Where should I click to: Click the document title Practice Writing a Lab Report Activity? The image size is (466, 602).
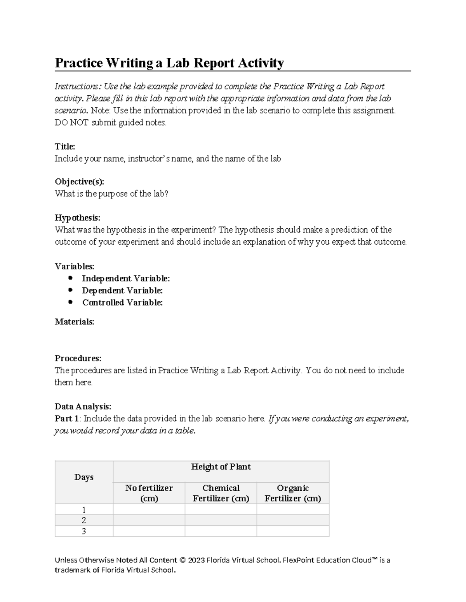pyautogui.click(x=169, y=63)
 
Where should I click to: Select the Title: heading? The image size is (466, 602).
pyautogui.click(x=65, y=147)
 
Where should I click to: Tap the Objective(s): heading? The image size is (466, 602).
pyautogui.click(x=79, y=182)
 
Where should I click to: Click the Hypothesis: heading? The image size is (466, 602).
pyautogui.click(x=77, y=217)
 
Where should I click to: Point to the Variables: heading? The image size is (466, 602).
pyautogui.click(x=74, y=266)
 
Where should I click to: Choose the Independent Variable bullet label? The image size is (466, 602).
pyautogui.click(x=126, y=278)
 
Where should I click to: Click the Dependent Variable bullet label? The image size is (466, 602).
pyautogui.click(x=122, y=290)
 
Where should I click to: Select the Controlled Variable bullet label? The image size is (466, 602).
pyautogui.click(x=122, y=302)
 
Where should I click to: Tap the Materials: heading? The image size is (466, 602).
pyautogui.click(x=74, y=322)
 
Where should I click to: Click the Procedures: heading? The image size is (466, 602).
pyautogui.click(x=78, y=358)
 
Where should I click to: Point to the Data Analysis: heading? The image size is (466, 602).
pyautogui.click(x=83, y=407)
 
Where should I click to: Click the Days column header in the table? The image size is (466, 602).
pyautogui.click(x=84, y=477)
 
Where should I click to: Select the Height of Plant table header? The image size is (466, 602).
pyautogui.click(x=221, y=467)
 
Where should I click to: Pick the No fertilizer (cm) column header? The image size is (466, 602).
pyautogui.click(x=149, y=493)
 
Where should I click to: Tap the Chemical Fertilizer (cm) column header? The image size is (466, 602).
pyautogui.click(x=221, y=493)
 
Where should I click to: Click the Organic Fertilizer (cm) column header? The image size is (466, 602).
pyautogui.click(x=293, y=493)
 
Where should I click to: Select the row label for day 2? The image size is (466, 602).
pyautogui.click(x=84, y=520)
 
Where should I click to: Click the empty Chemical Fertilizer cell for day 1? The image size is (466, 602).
pyautogui.click(x=221, y=509)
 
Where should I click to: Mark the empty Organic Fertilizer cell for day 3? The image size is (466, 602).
pyautogui.click(x=293, y=531)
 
